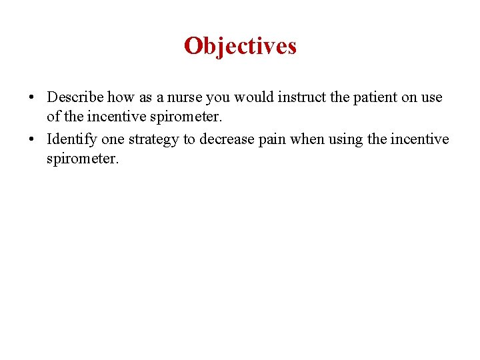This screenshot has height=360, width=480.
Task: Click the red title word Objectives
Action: pos(240,46)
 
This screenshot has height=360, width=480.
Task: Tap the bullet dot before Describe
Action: pos(32,97)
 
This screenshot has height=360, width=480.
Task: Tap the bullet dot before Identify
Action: pos(32,139)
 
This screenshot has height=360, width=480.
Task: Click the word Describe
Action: pos(75,97)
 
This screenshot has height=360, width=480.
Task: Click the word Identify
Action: pos(72,139)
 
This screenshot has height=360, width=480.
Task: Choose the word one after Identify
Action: pos(112,139)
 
